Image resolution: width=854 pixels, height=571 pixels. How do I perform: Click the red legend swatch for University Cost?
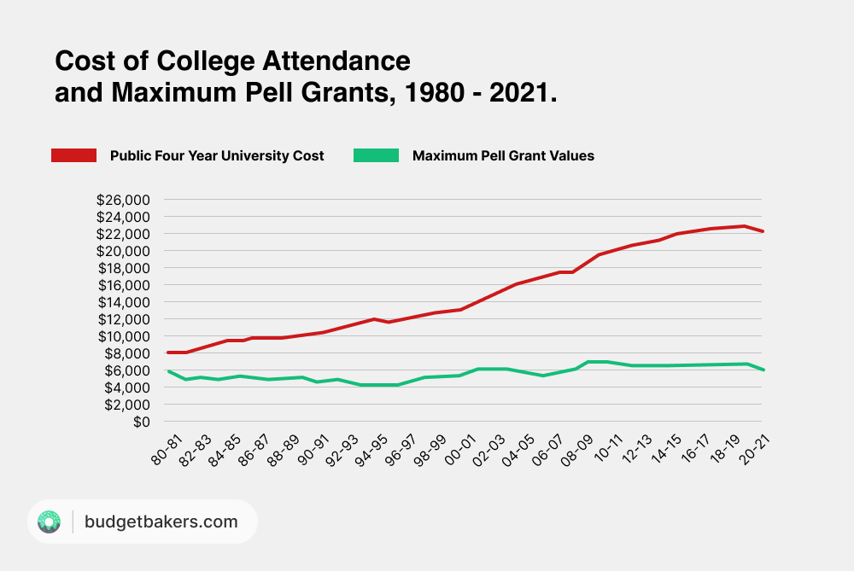coord(75,155)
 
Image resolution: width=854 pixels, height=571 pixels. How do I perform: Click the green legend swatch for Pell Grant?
coord(376,155)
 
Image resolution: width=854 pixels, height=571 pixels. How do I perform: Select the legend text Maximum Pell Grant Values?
coord(503,155)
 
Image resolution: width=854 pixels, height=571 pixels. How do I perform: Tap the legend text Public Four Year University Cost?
coord(217,155)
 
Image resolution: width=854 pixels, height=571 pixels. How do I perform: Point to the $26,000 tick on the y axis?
coord(124,200)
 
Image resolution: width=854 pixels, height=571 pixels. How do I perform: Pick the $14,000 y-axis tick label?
coord(124,302)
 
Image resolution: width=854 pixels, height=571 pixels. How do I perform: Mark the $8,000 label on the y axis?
coord(127,353)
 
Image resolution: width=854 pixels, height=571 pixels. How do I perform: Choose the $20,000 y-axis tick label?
coord(124,251)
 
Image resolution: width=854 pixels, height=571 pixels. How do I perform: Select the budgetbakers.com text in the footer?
coord(161,521)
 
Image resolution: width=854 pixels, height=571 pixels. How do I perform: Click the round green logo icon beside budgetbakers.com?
coord(50,521)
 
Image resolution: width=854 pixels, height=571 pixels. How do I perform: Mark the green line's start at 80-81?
coord(168,371)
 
